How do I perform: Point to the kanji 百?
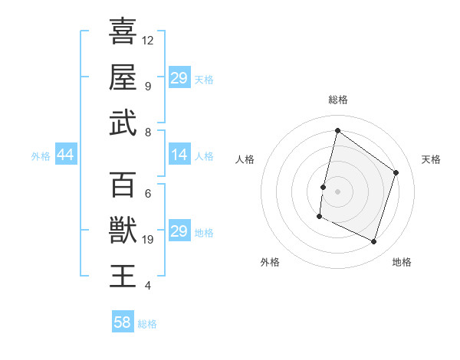[123, 184]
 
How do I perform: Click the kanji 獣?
[123, 230]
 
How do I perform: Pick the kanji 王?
[123, 276]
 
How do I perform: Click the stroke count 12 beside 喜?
[148, 40]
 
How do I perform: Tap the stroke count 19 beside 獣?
[148, 240]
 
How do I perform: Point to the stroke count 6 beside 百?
[147, 193]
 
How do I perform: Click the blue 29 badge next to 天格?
[179, 78]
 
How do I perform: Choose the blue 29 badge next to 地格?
[179, 231]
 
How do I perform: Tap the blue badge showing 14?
[179, 155]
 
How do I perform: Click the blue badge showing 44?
[65, 155]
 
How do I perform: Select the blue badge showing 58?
[122, 322]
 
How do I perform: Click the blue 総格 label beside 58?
[147, 324]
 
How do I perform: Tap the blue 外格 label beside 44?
[41, 156]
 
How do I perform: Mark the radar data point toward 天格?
[396, 172]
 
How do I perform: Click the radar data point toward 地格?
[374, 242]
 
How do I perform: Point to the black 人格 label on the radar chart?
[245, 159]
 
